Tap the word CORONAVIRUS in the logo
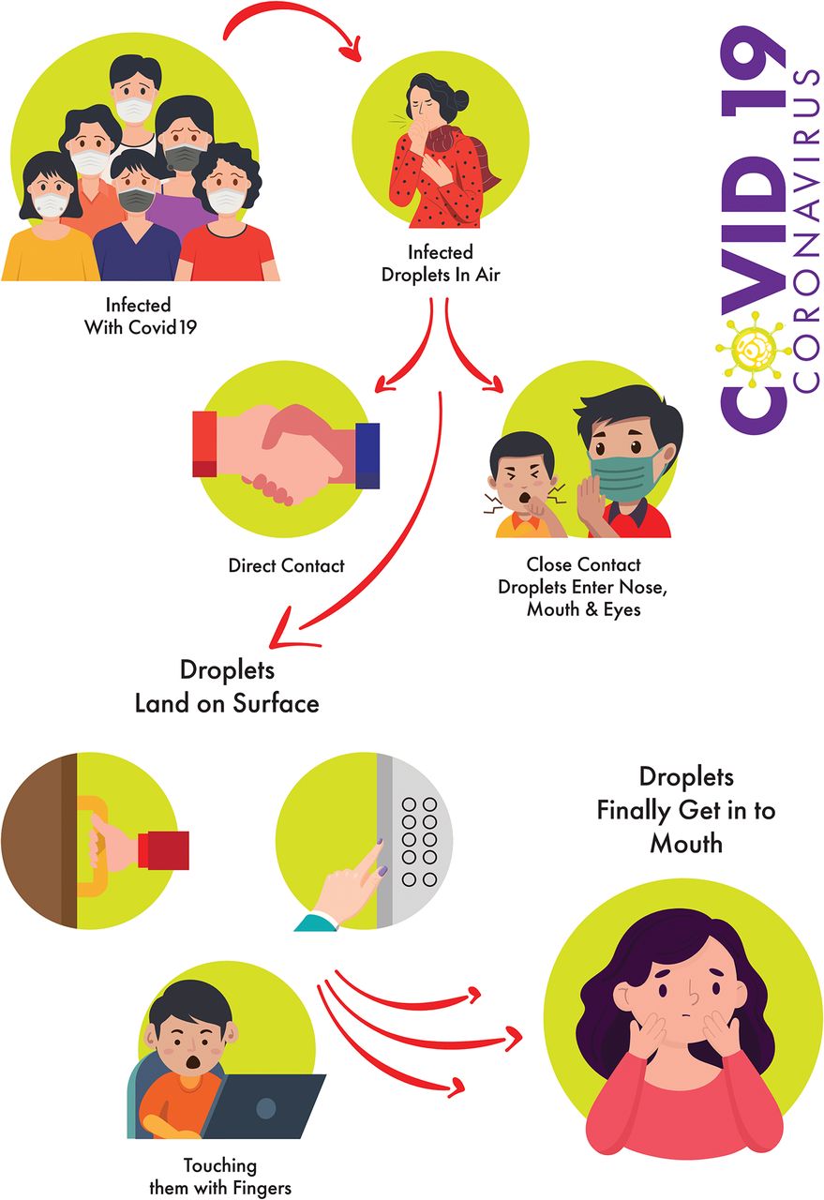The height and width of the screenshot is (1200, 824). (806, 231)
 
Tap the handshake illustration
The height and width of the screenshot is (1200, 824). (286, 453)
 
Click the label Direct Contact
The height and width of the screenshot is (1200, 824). (286, 565)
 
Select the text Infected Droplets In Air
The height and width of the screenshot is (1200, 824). (441, 263)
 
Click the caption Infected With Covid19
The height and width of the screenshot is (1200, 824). (141, 316)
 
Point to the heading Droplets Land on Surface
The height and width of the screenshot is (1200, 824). (227, 687)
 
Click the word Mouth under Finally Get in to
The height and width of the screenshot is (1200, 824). (686, 845)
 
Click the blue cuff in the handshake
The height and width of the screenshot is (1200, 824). (367, 456)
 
